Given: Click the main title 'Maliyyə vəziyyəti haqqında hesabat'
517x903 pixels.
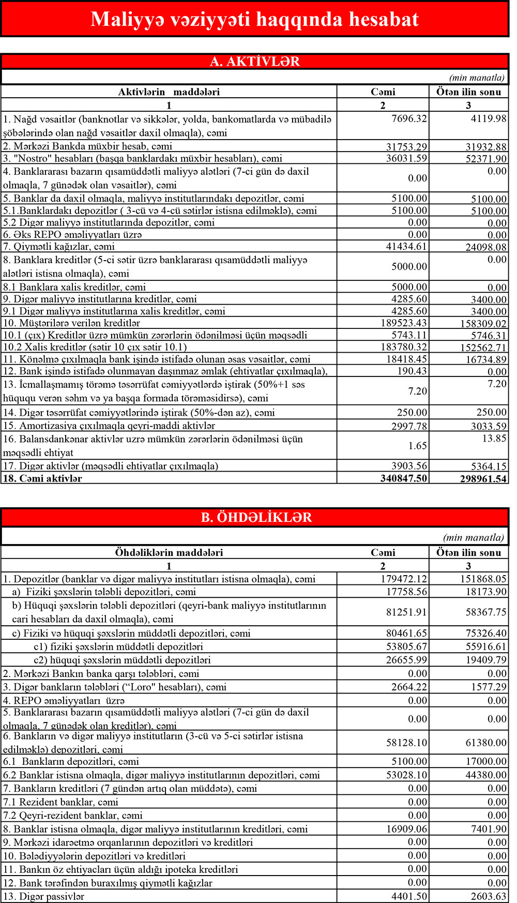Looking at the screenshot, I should [254, 19].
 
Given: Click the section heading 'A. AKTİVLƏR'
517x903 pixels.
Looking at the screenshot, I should [254, 62].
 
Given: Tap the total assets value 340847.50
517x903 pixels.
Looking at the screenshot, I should [404, 478].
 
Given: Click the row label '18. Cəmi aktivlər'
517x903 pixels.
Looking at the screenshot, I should [43, 478].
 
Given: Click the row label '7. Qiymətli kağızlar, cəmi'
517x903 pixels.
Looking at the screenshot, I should [59, 247].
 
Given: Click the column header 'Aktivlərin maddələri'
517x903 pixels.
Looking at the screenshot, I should [169, 92].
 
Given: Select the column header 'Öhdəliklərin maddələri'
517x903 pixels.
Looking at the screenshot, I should [169, 552].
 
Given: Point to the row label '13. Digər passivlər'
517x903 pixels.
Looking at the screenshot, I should [43, 896].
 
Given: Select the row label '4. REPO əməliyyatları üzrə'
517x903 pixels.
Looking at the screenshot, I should [64, 701].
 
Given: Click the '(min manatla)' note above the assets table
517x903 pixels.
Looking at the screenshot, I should [476, 78].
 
